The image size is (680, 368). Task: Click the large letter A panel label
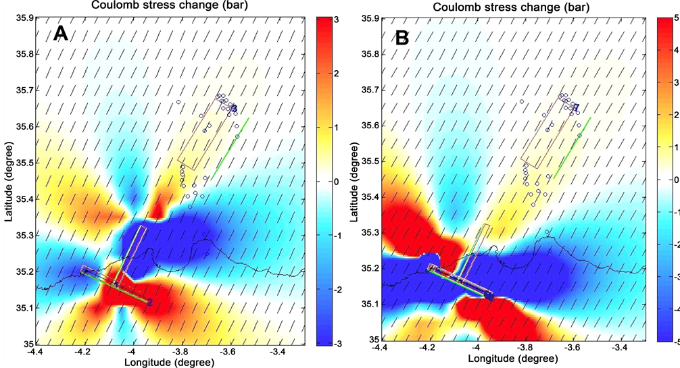[61, 34]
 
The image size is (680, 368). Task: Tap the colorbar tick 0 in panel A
[333, 181]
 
